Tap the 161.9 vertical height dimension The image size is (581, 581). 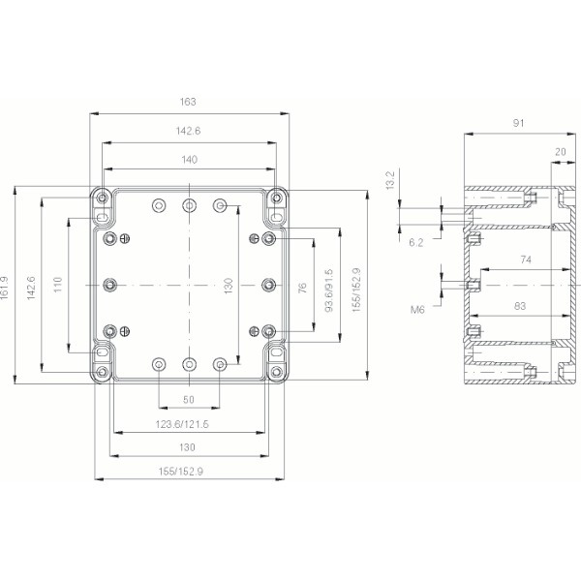(x=7, y=288)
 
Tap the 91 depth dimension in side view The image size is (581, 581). (x=519, y=123)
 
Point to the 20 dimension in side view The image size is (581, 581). (x=561, y=151)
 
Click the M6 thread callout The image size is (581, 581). (x=418, y=310)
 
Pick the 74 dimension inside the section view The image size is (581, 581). (x=524, y=260)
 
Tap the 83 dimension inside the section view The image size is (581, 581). (x=520, y=306)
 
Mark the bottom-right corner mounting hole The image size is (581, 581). (x=277, y=372)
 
